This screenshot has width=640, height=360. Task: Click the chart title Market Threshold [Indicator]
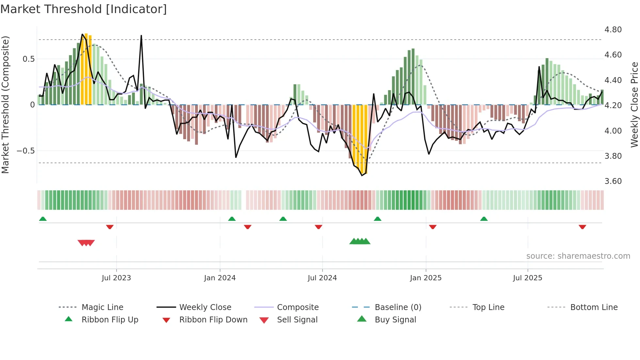tap(84, 9)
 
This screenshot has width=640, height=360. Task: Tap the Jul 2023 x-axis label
tap(116, 278)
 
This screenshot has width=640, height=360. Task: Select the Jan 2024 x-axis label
tap(220, 278)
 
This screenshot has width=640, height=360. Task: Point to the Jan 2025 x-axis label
tap(426, 278)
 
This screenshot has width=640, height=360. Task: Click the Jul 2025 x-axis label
tap(527, 278)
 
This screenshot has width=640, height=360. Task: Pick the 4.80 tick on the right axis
tap(613, 30)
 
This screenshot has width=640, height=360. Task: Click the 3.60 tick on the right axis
tap(613, 181)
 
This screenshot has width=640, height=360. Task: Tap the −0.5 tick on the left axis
tap(26, 151)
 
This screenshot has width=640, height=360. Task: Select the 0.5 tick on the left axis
tap(29, 59)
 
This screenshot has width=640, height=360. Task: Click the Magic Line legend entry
tap(102, 307)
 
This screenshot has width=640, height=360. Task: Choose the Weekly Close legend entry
tap(205, 307)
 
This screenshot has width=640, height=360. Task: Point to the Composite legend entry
tap(297, 307)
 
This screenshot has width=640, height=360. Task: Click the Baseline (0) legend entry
tap(398, 307)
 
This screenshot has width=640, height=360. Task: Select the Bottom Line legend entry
tap(594, 307)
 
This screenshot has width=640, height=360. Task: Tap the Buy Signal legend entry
tap(395, 319)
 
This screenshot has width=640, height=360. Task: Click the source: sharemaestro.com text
tap(578, 256)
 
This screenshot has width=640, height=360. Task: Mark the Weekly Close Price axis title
tap(634, 105)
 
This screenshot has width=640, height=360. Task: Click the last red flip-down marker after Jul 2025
tap(582, 227)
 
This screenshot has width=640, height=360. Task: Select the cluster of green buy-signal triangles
tap(360, 241)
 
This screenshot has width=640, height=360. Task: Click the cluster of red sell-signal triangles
tap(86, 243)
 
